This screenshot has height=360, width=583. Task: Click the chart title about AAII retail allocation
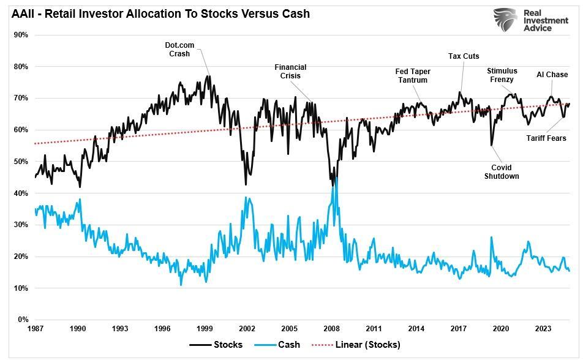(160, 13)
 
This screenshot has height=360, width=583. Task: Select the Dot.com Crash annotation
(179, 49)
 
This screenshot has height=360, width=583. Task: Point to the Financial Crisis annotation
(290, 72)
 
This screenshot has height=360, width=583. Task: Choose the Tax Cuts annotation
(464, 56)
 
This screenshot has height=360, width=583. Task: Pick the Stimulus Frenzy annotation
(502, 75)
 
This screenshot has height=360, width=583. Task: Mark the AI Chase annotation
(552, 75)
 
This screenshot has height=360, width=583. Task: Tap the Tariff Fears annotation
(546, 138)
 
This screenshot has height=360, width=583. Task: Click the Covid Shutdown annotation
(502, 172)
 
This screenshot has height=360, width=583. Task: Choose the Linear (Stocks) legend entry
(357, 345)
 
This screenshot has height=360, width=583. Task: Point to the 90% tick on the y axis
(21, 35)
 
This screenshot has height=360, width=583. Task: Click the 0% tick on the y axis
(23, 320)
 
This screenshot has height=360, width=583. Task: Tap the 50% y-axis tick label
(21, 162)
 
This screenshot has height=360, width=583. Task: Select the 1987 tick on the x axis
(35, 329)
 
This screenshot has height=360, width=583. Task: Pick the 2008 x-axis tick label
(332, 329)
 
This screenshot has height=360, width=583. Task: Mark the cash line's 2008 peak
(334, 178)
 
